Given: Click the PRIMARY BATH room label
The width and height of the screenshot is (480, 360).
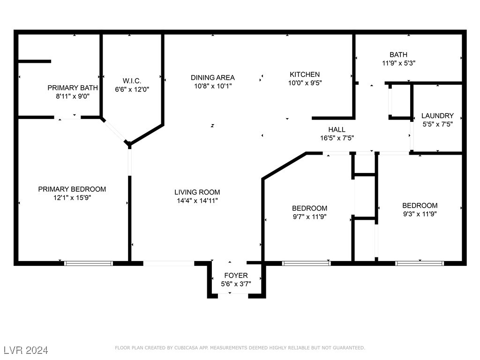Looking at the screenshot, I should pyautogui.click(x=73, y=88).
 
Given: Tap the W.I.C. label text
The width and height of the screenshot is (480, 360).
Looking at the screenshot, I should pyautogui.click(x=132, y=81).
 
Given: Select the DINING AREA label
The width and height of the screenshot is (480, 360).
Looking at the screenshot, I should pyautogui.click(x=212, y=77).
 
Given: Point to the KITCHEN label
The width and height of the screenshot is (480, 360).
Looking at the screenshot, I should pyautogui.click(x=305, y=74).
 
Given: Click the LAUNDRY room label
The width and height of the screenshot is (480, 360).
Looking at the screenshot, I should pyautogui.click(x=437, y=116).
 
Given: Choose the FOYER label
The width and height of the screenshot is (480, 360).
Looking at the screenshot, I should pyautogui.click(x=236, y=275).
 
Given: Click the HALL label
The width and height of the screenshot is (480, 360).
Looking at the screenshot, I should pyautogui.click(x=337, y=129).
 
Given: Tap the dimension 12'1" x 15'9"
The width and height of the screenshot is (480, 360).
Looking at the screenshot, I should pyautogui.click(x=72, y=198).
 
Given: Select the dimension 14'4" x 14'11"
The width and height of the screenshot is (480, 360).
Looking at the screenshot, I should pyautogui.click(x=197, y=201).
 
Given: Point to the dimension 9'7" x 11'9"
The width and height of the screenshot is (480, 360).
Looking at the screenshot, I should pyautogui.click(x=309, y=217).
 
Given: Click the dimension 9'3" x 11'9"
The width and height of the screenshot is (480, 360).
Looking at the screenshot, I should pyautogui.click(x=420, y=214).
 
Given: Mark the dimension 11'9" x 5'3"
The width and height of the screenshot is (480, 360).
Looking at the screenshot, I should pyautogui.click(x=398, y=63).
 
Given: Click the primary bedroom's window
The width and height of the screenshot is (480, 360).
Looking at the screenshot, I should pyautogui.click(x=89, y=263).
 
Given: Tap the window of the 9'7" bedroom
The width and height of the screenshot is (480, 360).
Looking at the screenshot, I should pyautogui.click(x=307, y=263).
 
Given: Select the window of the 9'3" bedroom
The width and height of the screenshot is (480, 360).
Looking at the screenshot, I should pyautogui.click(x=420, y=263).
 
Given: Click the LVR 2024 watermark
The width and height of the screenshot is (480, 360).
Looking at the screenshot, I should pyautogui.click(x=26, y=350).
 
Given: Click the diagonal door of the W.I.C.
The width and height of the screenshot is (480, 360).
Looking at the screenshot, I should pyautogui.click(x=115, y=131).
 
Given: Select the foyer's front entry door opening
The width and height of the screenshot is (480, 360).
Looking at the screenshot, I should pyautogui.click(x=230, y=294).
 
